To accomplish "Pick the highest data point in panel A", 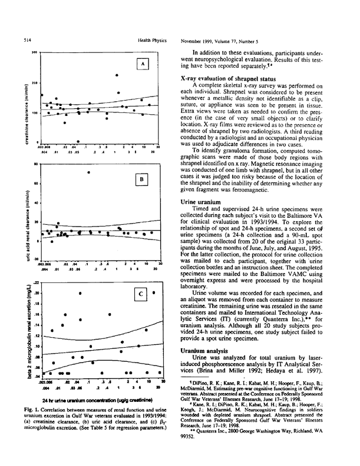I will tap(117, 75).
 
